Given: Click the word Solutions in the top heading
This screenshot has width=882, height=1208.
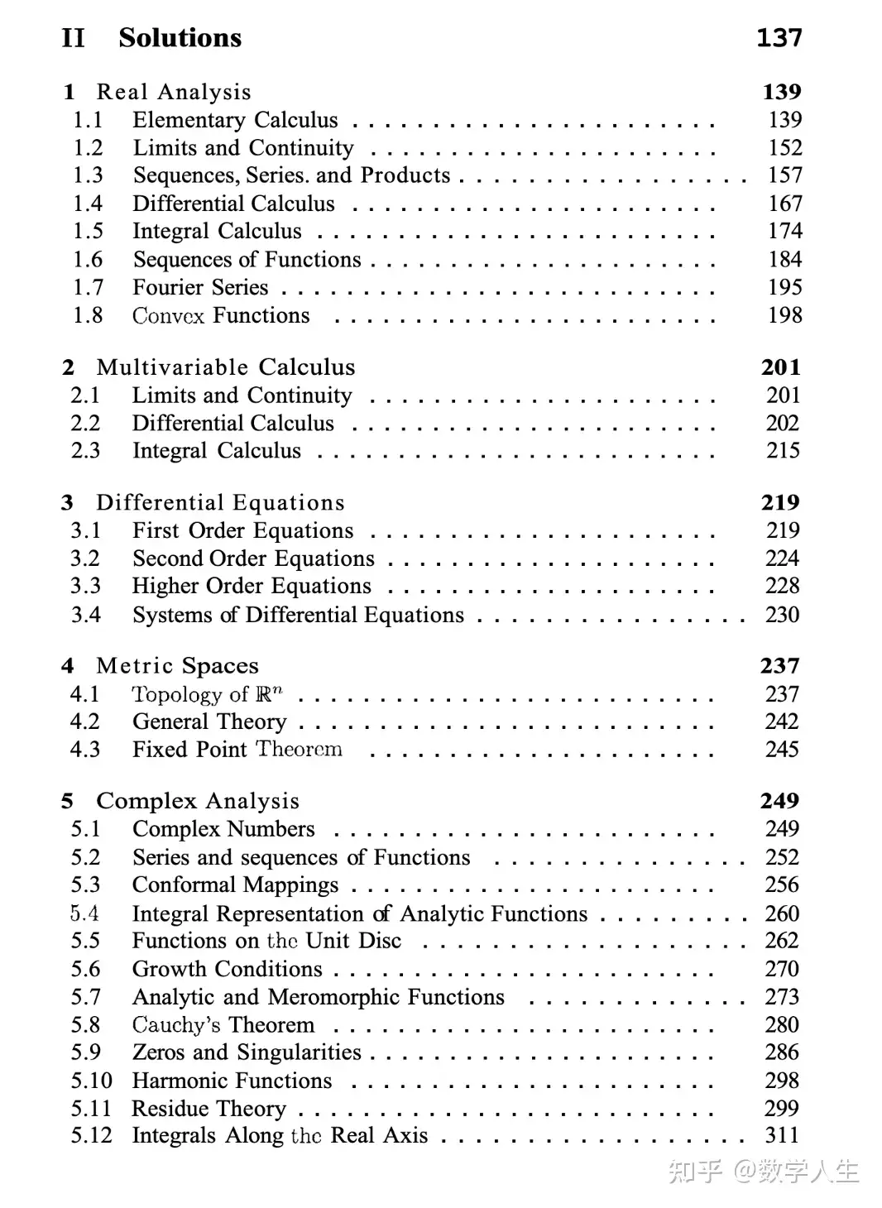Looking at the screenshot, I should (180, 38).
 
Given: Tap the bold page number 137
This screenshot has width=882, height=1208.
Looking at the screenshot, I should (779, 38).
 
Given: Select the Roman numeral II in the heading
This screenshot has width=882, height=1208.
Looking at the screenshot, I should (73, 38).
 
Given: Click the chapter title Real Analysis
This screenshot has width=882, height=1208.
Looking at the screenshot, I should (173, 92).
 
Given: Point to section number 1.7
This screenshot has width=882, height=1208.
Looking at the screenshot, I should (88, 288).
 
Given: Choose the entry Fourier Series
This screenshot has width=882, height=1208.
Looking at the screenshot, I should (200, 288).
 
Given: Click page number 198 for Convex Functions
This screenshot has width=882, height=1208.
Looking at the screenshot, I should (784, 315).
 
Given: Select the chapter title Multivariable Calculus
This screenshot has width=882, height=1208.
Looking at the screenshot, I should (225, 367).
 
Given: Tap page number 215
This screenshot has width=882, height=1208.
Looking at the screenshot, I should (783, 451).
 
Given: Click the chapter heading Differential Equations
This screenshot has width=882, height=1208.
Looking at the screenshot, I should (220, 503).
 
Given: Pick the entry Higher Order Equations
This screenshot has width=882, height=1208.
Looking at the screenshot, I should (252, 587).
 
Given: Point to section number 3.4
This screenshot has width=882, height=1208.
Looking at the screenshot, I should (86, 615).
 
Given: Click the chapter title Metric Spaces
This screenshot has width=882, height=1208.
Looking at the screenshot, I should (177, 666).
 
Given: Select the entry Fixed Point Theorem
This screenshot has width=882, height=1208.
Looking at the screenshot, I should (237, 750).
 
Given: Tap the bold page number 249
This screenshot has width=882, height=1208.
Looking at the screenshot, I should (779, 801).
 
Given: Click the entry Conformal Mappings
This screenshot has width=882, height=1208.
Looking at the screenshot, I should (235, 885).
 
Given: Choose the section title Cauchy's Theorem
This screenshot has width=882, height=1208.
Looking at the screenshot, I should (223, 1025).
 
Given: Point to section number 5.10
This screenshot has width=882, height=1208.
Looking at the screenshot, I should (91, 1081).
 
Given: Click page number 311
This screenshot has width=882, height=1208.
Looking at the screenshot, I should (782, 1135).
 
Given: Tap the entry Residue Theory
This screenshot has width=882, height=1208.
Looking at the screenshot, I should (209, 1109).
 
